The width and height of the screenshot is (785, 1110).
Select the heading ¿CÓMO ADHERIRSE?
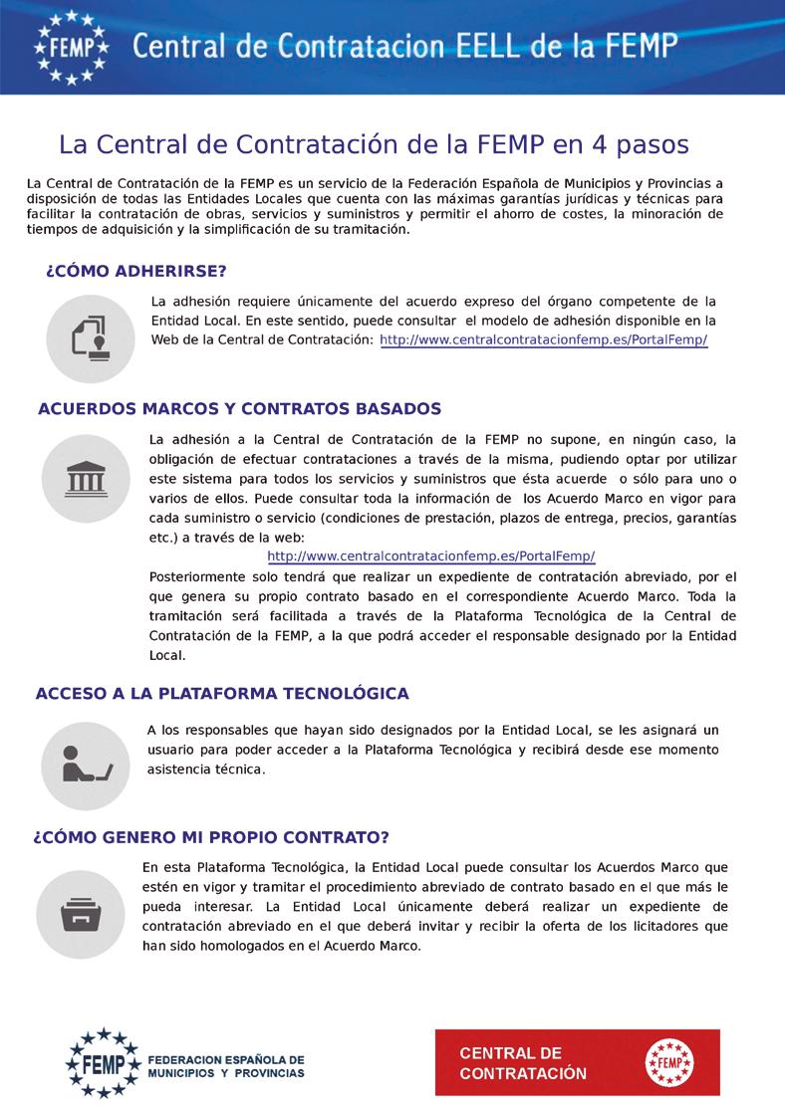[x=136, y=271]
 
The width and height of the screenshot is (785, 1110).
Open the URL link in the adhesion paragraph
[x=544, y=339]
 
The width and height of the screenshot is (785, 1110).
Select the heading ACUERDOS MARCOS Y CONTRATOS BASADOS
[x=239, y=409]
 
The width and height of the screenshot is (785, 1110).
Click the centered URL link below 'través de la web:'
[x=431, y=555]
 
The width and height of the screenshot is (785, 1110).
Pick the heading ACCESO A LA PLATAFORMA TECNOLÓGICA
[x=222, y=693]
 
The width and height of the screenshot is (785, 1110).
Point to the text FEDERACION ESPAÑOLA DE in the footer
[x=225, y=1060]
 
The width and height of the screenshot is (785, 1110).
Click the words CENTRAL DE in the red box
[x=511, y=1053]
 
